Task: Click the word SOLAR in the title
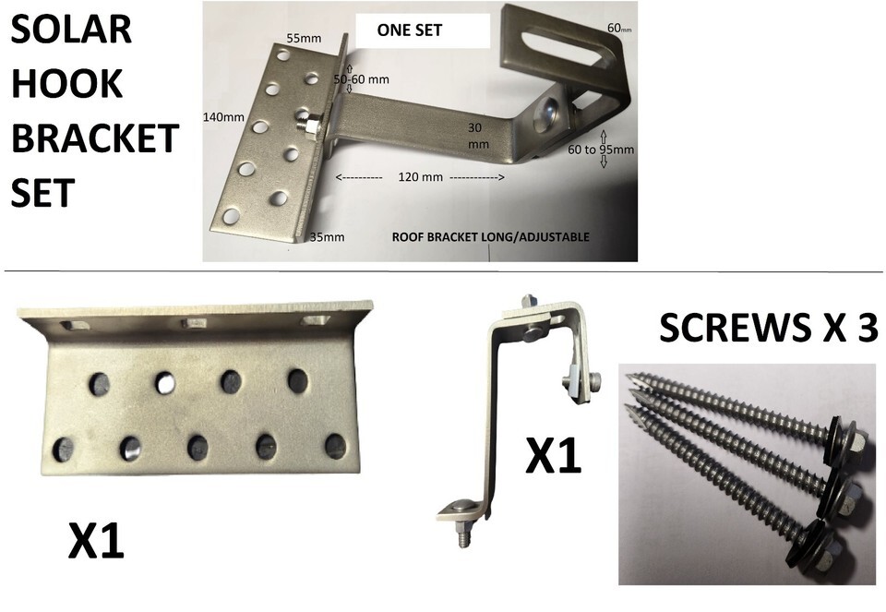click(x=71, y=30)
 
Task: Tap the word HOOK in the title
click(x=66, y=84)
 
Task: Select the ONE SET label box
click(x=422, y=30)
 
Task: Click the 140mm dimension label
click(x=223, y=117)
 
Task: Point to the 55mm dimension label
click(x=304, y=39)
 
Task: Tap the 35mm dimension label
click(x=327, y=237)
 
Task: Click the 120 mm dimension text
click(x=421, y=177)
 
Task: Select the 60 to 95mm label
click(x=601, y=150)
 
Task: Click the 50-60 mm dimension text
click(x=361, y=79)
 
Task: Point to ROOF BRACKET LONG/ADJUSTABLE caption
click(x=490, y=237)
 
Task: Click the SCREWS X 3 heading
click(x=768, y=328)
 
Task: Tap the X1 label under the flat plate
click(x=95, y=541)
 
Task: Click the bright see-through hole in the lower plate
click(x=165, y=383)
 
